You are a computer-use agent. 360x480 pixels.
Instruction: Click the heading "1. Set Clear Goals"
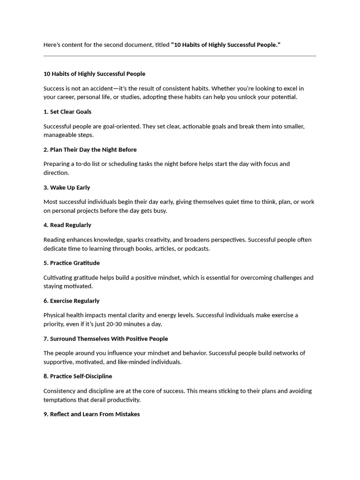pos(67,112)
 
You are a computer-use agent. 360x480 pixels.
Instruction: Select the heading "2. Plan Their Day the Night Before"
pos(90,150)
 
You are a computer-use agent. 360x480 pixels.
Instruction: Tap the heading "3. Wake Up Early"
pos(67,187)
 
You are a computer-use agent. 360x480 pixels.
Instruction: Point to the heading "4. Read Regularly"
pos(67,225)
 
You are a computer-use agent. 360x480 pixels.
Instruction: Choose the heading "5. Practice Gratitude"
pos(72,263)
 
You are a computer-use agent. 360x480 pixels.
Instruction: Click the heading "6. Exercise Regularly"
pos(72,301)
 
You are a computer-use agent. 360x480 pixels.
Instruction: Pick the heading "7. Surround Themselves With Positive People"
pos(106,339)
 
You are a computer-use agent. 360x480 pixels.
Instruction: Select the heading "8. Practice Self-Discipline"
pos(78,376)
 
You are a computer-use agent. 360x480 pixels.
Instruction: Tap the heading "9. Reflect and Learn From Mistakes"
pos(92,414)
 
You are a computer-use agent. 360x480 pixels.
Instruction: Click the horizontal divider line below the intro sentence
pos(180,56)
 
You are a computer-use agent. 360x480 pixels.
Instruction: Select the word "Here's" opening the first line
pos(52,45)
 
